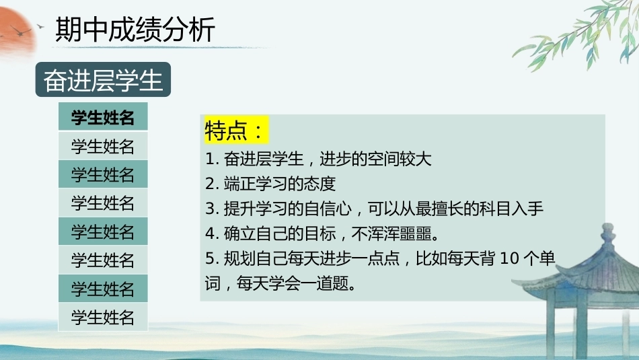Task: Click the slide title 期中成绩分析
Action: click(x=135, y=30)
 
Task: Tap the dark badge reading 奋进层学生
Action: click(x=103, y=79)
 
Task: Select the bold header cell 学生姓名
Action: click(x=103, y=117)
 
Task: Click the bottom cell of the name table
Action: click(x=103, y=317)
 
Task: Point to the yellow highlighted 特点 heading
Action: click(x=235, y=130)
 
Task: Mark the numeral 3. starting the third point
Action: click(x=213, y=209)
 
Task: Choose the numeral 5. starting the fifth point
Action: click(x=213, y=258)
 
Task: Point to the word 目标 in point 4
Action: click(x=320, y=233)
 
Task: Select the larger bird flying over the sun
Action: click(x=20, y=30)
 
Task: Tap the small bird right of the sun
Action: click(x=40, y=26)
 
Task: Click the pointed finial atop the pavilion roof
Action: click(x=607, y=236)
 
